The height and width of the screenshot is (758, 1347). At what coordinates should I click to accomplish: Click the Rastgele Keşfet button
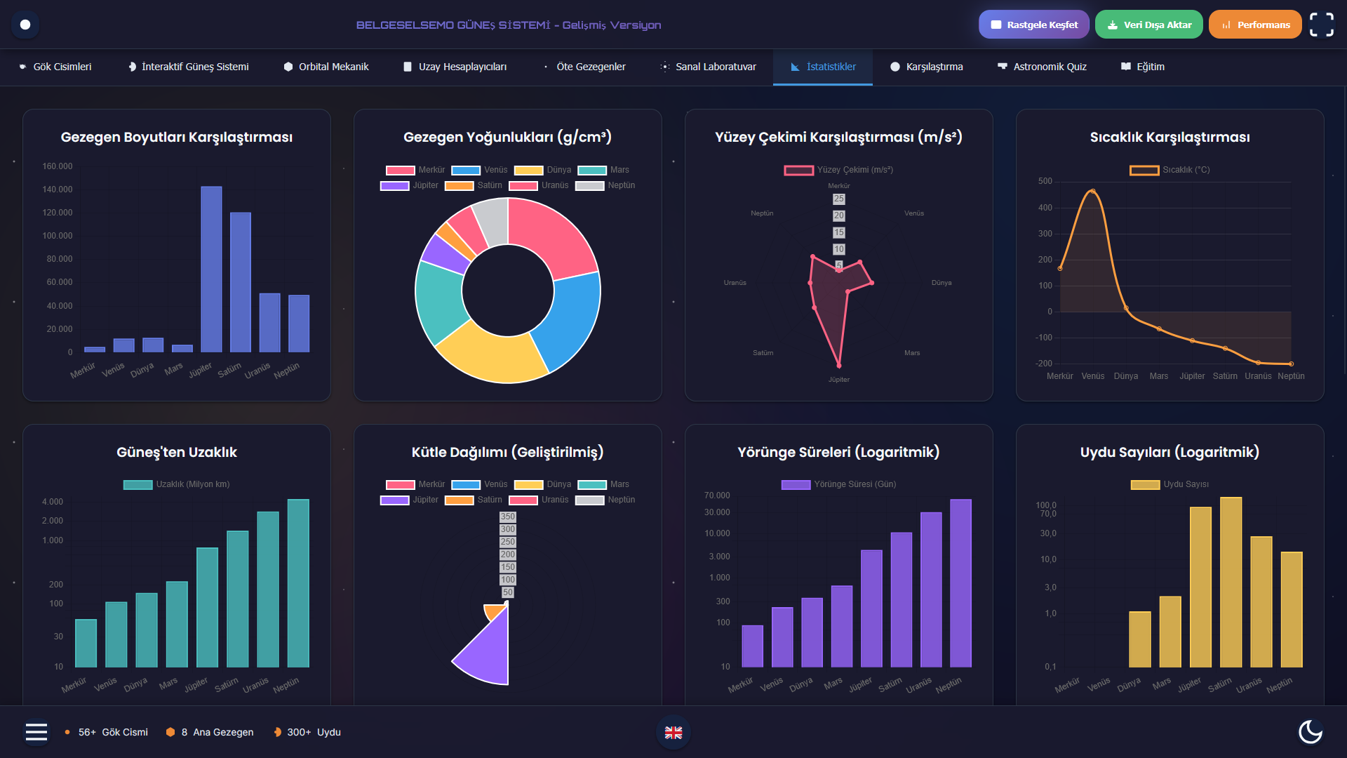click(x=1033, y=25)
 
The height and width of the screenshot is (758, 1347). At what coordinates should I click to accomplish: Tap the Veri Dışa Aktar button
click(x=1148, y=25)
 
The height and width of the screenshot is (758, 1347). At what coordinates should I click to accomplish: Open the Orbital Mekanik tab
click(x=326, y=67)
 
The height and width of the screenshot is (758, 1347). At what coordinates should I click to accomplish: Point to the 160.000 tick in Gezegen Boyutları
click(x=58, y=166)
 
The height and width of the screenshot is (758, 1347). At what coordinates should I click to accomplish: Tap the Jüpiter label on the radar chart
click(x=838, y=380)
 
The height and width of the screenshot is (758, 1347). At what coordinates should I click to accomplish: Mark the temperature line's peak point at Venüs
click(x=1092, y=191)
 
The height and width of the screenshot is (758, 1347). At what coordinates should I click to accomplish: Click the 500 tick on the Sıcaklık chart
click(x=1045, y=181)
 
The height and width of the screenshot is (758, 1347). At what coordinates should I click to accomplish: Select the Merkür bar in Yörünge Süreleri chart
click(x=752, y=646)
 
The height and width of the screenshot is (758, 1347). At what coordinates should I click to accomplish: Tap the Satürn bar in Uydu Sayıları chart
click(x=1231, y=582)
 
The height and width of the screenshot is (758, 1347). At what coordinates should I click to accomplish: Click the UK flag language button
click(x=673, y=732)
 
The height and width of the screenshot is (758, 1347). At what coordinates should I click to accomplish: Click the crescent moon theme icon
click(x=1310, y=731)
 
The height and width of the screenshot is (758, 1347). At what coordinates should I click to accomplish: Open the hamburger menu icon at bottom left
click(x=36, y=732)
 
